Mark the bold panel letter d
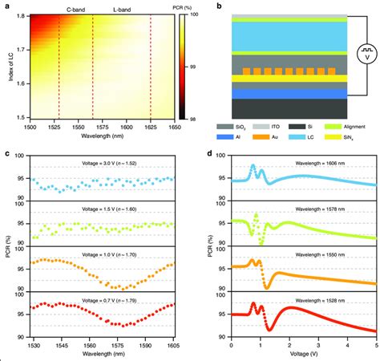tap(208, 154)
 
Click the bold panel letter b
tap(208, 5)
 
